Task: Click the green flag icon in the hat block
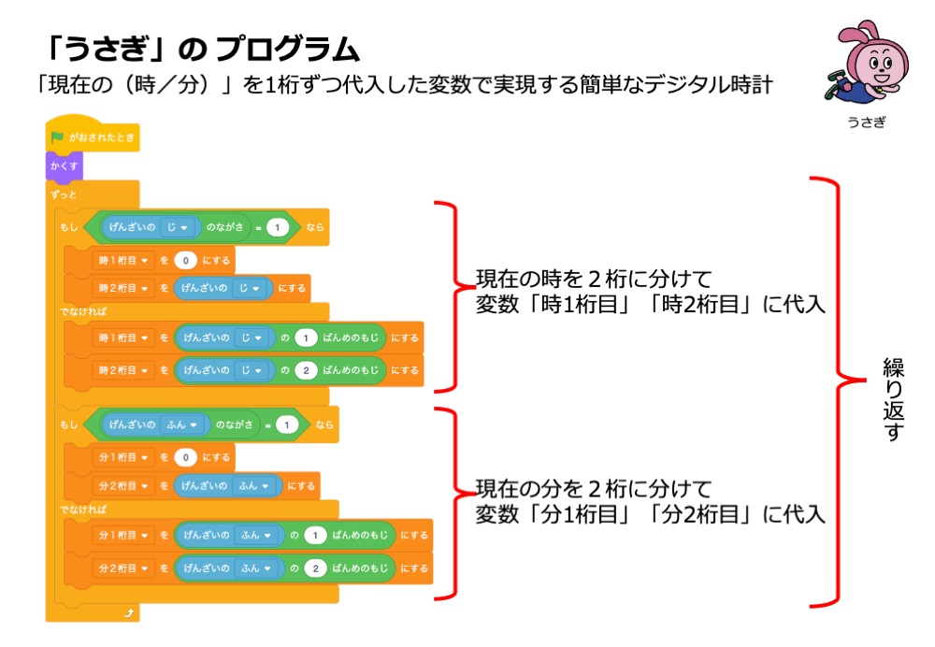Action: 58,137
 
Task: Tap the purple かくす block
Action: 65,166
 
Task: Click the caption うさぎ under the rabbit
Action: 865,122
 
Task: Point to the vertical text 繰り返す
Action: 893,397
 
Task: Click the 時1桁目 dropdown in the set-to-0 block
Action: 122,259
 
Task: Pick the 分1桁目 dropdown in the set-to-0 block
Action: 122,457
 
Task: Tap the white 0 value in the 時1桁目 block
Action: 185,259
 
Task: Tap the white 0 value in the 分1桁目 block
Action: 185,457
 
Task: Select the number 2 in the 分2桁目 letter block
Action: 317,568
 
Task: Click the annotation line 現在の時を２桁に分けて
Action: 594,280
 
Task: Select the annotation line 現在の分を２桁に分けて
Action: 594,489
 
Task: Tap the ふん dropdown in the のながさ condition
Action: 183,424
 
